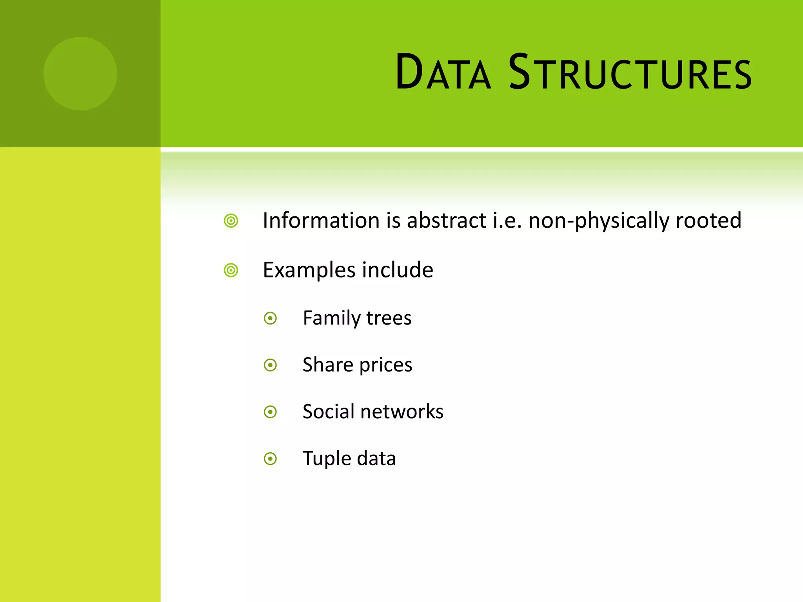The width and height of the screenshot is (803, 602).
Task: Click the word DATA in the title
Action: click(x=443, y=73)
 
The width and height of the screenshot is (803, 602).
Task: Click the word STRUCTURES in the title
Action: click(x=630, y=73)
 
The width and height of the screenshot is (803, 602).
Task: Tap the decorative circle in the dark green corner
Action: click(x=80, y=74)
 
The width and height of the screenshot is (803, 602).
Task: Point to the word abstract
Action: click(x=447, y=220)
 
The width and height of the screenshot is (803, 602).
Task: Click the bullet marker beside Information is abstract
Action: click(x=231, y=221)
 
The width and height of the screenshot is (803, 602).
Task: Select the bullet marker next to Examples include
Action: click(x=231, y=270)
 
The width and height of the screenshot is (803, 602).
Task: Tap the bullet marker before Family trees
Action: click(x=271, y=318)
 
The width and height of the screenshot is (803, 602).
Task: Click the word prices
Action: click(x=386, y=365)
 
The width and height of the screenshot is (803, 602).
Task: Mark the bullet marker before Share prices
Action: click(x=271, y=365)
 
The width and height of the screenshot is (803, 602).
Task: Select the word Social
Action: click(x=328, y=412)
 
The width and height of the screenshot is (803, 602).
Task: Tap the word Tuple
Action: click(x=327, y=459)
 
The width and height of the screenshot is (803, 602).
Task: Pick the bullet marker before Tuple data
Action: click(x=271, y=459)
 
